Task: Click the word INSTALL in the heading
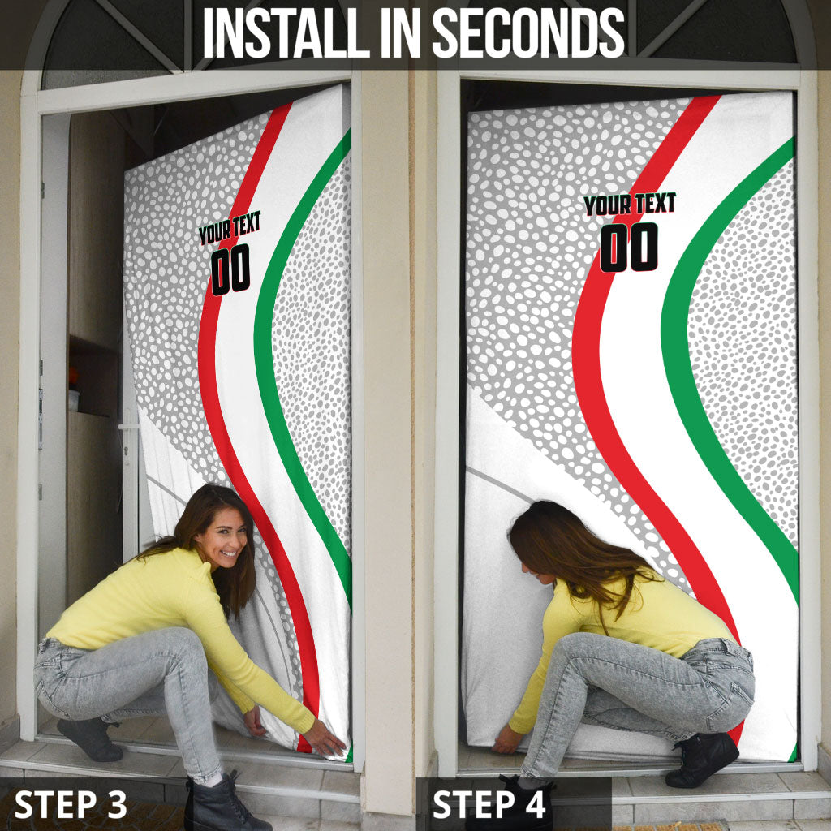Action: (x=286, y=33)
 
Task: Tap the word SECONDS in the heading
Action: (x=528, y=33)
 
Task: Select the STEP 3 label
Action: (x=71, y=804)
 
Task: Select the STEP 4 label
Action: (x=489, y=804)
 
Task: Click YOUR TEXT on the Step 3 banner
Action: (x=230, y=228)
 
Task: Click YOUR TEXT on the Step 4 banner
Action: (x=630, y=204)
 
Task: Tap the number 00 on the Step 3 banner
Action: (x=230, y=269)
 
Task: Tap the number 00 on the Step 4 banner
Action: (x=629, y=247)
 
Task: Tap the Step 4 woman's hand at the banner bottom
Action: (x=507, y=739)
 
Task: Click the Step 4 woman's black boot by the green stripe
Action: (x=702, y=759)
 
